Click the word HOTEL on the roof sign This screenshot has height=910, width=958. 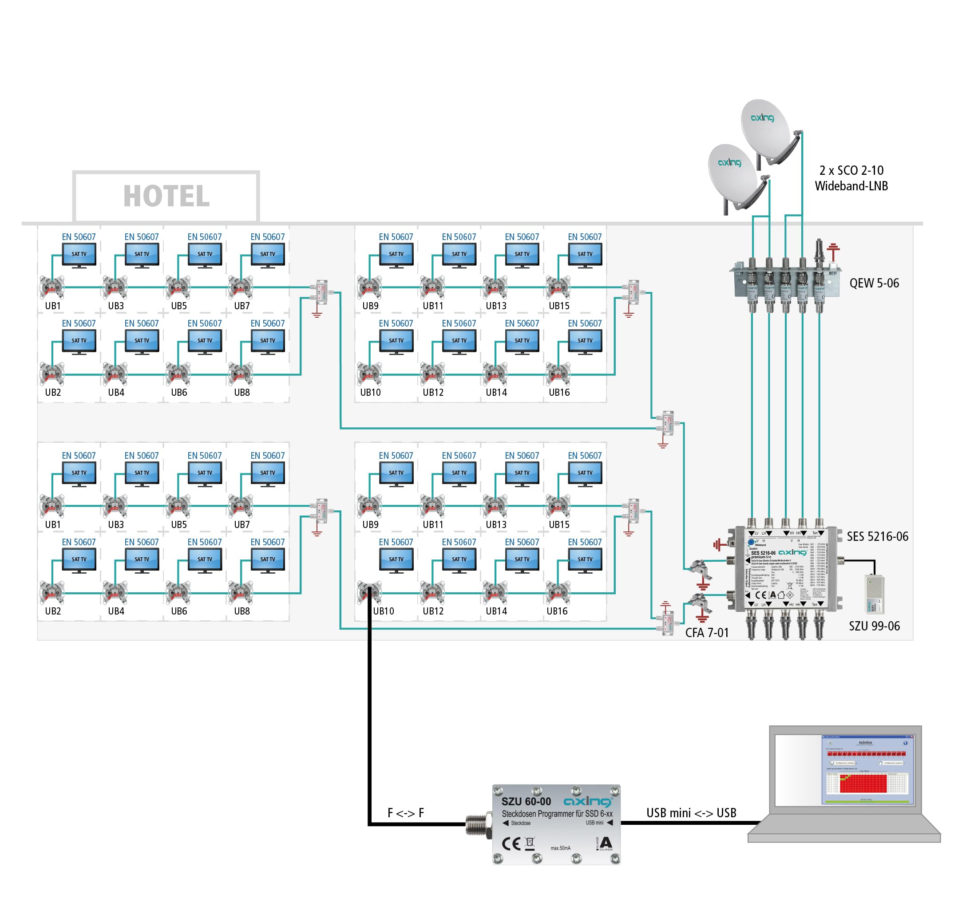(166, 196)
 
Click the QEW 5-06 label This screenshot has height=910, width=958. (874, 283)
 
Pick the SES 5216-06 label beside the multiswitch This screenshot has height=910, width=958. (877, 536)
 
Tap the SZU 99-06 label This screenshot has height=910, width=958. (874, 626)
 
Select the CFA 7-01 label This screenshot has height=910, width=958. (707, 633)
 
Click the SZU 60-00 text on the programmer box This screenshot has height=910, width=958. (526, 802)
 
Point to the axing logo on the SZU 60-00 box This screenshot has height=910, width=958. (587, 802)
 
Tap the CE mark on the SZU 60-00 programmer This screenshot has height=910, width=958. (511, 844)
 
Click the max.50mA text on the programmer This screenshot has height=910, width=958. (561, 848)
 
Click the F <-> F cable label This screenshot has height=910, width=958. (406, 813)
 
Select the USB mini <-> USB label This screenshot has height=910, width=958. (691, 813)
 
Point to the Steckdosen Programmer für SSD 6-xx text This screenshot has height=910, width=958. (557, 814)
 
